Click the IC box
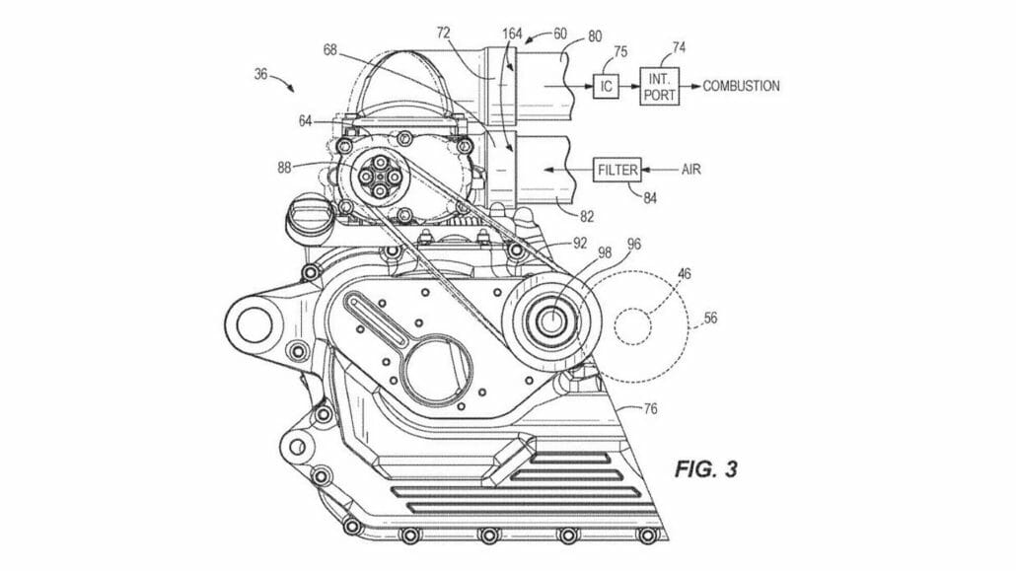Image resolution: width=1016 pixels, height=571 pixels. tap(606, 86)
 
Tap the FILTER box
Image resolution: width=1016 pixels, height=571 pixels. tap(617, 169)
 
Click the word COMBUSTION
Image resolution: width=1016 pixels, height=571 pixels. tap(741, 86)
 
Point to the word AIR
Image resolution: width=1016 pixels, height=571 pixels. tap(692, 169)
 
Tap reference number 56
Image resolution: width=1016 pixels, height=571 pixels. tap(710, 319)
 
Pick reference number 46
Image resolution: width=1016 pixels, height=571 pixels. tap(684, 267)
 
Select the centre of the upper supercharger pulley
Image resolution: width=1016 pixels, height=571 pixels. tap(380, 178)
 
